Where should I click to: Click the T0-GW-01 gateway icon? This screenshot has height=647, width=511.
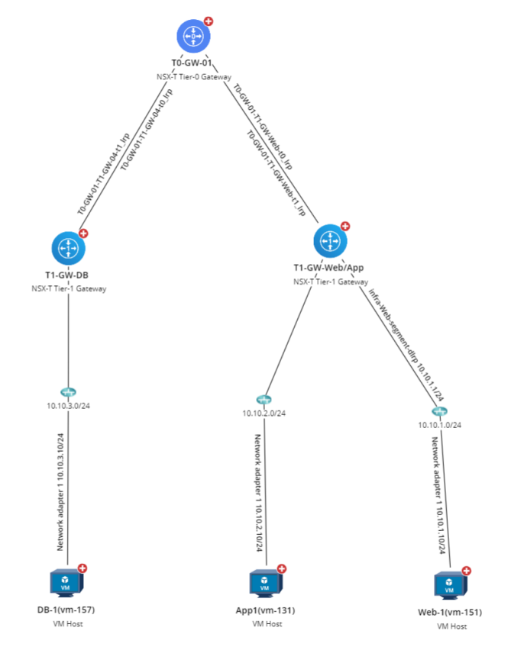193,36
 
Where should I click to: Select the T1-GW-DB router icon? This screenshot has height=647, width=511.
69,248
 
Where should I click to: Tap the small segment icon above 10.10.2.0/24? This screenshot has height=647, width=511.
264,400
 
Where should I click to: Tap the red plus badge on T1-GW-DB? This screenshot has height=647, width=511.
84,233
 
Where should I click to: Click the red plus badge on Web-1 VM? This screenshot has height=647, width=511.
466,571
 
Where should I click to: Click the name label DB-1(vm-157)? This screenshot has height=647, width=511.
68,610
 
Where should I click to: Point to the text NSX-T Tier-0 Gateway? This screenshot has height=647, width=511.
193,77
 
